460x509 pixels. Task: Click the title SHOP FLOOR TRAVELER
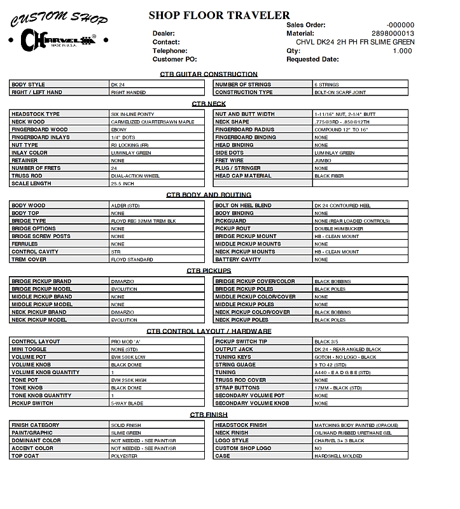pyautogui.click(x=219, y=15)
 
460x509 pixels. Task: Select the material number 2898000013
pyautogui.click(x=393, y=33)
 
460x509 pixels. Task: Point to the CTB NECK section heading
pyautogui.click(x=209, y=104)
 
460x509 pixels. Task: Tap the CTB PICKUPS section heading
pyautogui.click(x=209, y=271)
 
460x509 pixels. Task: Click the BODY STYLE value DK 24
pyautogui.click(x=118, y=85)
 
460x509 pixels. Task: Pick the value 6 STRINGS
pyautogui.click(x=326, y=85)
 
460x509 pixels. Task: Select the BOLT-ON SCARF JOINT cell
pyautogui.click(x=340, y=92)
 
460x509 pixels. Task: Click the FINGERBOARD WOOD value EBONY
pyautogui.click(x=119, y=130)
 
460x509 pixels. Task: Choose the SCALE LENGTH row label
pyautogui.click(x=31, y=184)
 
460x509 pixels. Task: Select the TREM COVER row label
pyautogui.click(x=29, y=260)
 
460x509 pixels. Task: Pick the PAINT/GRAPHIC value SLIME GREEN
pyautogui.click(x=126, y=433)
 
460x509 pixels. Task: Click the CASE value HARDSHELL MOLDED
pyautogui.click(x=338, y=456)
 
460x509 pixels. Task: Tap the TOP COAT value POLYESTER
pyautogui.click(x=124, y=456)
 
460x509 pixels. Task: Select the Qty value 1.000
pyautogui.click(x=402, y=51)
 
